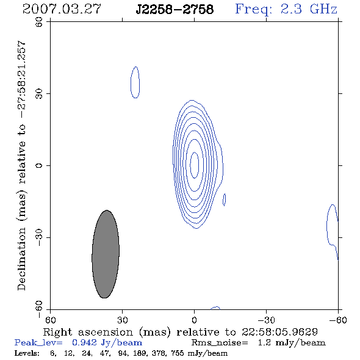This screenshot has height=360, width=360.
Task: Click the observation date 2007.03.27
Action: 62,9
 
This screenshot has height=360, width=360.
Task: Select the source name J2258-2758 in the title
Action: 175,9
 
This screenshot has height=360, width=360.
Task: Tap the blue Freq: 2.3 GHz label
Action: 286,9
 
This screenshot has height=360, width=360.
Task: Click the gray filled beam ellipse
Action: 106,254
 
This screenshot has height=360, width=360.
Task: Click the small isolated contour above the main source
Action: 135,82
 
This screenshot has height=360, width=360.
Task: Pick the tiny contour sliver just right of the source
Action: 225,200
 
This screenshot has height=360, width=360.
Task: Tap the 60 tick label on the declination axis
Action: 39,22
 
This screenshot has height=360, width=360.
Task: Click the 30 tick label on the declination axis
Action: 39,94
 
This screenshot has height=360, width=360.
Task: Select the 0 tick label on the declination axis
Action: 39,165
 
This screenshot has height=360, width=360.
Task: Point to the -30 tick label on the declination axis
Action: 39,237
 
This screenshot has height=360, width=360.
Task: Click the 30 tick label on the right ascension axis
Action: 123,320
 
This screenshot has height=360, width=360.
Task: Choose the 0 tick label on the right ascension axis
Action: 195,320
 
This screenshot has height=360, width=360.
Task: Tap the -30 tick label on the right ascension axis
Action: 266,320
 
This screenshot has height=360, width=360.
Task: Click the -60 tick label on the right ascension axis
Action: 338,320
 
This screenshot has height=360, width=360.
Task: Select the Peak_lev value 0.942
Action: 84,342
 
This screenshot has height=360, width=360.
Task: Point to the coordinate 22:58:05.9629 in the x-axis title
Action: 279,332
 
